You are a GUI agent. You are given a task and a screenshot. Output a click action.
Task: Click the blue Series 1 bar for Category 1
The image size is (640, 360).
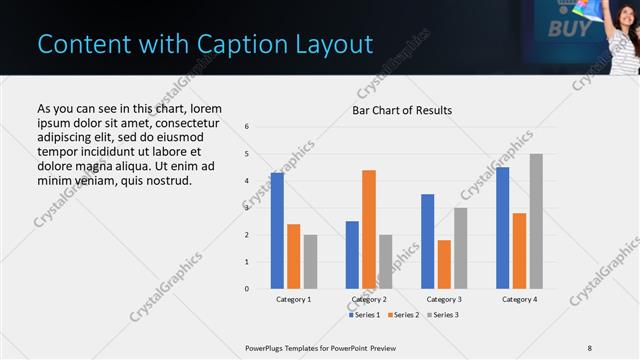(277, 231)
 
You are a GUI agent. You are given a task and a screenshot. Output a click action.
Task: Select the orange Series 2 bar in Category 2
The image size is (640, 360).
(368, 229)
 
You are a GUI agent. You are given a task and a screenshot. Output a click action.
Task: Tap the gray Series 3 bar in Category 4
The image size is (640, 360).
(536, 221)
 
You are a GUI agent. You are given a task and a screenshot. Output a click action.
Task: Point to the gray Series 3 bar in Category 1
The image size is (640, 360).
(310, 262)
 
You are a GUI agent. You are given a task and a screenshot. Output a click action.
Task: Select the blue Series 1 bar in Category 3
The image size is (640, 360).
(427, 241)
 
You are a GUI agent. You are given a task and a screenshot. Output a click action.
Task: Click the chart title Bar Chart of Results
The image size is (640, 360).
(402, 110)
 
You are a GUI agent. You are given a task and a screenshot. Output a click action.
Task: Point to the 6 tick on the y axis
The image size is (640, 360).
(246, 127)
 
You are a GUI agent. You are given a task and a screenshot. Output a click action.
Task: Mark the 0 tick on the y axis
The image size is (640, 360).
(246, 289)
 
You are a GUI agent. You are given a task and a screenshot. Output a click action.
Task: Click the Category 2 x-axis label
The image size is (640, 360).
(369, 299)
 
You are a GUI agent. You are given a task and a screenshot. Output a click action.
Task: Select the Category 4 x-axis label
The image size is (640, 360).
(519, 299)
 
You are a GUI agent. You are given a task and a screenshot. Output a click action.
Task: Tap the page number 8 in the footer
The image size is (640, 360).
(590, 347)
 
